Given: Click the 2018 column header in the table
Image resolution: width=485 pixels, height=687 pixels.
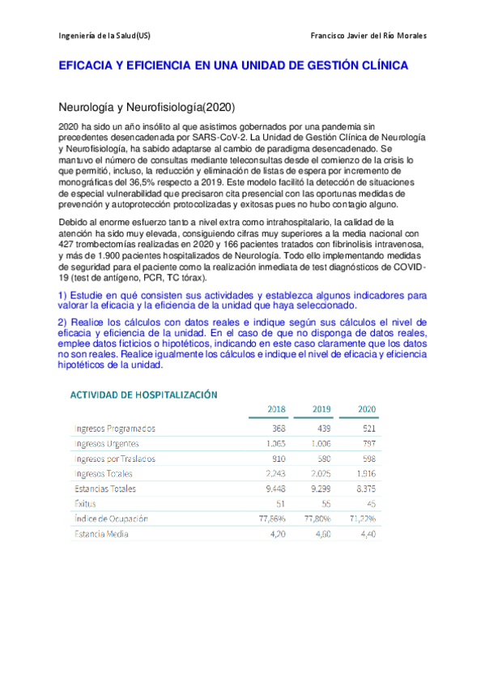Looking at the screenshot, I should [276, 408].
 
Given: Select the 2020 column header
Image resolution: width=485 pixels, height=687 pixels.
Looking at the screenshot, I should [366, 408].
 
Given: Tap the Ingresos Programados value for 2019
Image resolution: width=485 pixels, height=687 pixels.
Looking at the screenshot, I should [322, 429].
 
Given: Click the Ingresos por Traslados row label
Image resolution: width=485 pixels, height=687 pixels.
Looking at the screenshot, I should [114, 459].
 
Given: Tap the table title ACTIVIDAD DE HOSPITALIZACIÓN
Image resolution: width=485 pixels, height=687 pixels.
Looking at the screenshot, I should [144, 395].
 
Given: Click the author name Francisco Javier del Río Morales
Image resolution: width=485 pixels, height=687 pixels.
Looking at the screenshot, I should [368, 36].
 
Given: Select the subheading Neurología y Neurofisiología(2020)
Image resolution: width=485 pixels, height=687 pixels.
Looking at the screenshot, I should [147, 107].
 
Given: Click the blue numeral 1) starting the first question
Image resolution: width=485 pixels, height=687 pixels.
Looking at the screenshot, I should [65, 296].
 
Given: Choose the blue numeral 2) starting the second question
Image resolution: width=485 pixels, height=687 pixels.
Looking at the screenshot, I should [65, 322].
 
